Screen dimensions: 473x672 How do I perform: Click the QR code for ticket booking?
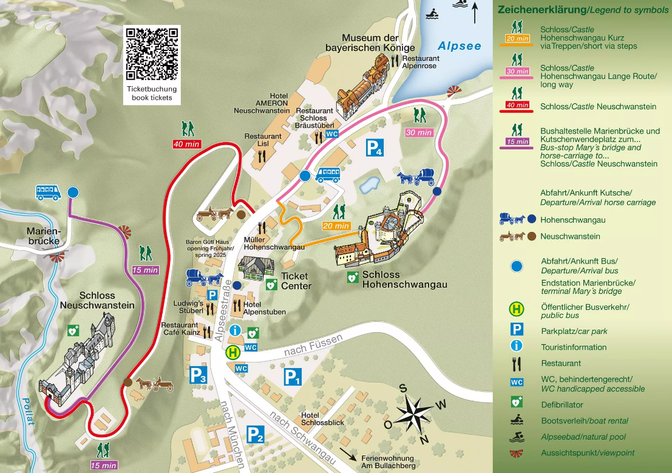click(153, 53)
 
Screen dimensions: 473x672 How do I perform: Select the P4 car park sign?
click(375, 148)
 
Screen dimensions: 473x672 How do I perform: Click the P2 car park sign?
click(256, 435)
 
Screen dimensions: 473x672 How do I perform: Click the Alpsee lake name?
click(460, 46)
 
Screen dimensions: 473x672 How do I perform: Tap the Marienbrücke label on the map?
click(43, 236)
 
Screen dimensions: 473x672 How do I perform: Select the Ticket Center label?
click(296, 281)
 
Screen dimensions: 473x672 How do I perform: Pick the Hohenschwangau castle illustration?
click(382, 231)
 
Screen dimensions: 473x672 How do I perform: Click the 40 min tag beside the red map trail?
click(186, 144)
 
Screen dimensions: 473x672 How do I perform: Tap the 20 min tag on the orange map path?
click(335, 226)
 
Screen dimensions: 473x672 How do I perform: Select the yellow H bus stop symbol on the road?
click(232, 352)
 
